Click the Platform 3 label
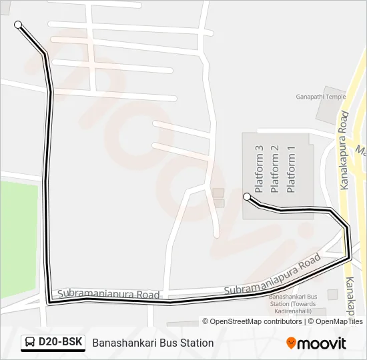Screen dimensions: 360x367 (259, 169)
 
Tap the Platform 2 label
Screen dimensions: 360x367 (274, 169)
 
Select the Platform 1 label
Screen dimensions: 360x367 (290, 169)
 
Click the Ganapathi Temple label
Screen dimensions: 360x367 (321, 96)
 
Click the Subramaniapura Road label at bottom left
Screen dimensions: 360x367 (108, 294)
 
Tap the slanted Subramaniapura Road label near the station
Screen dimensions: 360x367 (272, 275)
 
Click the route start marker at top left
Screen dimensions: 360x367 (18, 25)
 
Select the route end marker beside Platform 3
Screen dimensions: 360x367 (247, 196)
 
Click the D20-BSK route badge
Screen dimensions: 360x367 (53, 343)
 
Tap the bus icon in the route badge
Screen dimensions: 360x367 (31, 343)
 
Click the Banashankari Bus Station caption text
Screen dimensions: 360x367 (153, 343)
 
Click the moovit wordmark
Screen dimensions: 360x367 (322, 343)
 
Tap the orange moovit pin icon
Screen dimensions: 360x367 (291, 343)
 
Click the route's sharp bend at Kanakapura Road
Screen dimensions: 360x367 (348, 255)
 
